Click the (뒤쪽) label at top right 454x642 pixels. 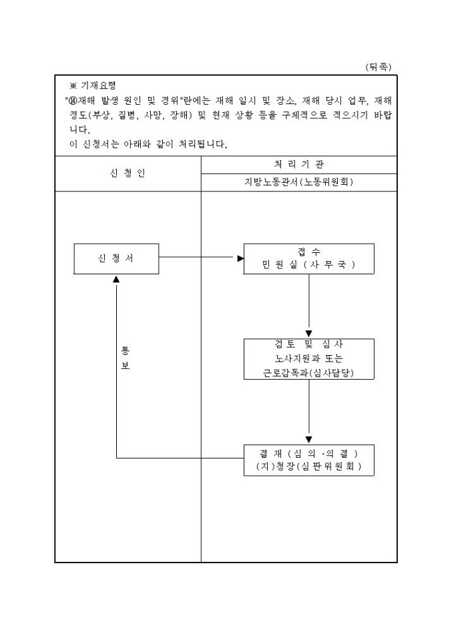pos(378,67)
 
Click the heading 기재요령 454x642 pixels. pos(98,85)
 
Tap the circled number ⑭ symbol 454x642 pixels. pos(73,100)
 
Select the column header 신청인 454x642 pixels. pos(128,174)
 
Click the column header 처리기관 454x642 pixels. pos(298,165)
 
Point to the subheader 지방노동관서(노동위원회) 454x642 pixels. pos(298,182)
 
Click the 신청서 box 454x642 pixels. pos(116,259)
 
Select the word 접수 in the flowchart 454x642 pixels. pos(309,252)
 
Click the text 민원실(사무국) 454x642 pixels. pos(308,265)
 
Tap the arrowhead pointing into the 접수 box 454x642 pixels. pos(240,258)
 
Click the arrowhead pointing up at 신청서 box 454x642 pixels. pos(116,279)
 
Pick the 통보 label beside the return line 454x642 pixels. pos(125,358)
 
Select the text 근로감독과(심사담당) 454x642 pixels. pos(308,372)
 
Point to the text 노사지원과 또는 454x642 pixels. pos(309,358)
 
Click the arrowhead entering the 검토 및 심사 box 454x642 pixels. pos(309,334)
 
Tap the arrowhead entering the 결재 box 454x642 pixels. pos(309,440)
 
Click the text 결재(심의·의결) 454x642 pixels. pos(308,453)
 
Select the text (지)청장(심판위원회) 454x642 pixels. pos(308,466)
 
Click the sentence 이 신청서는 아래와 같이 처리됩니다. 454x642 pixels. pos(148,144)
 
